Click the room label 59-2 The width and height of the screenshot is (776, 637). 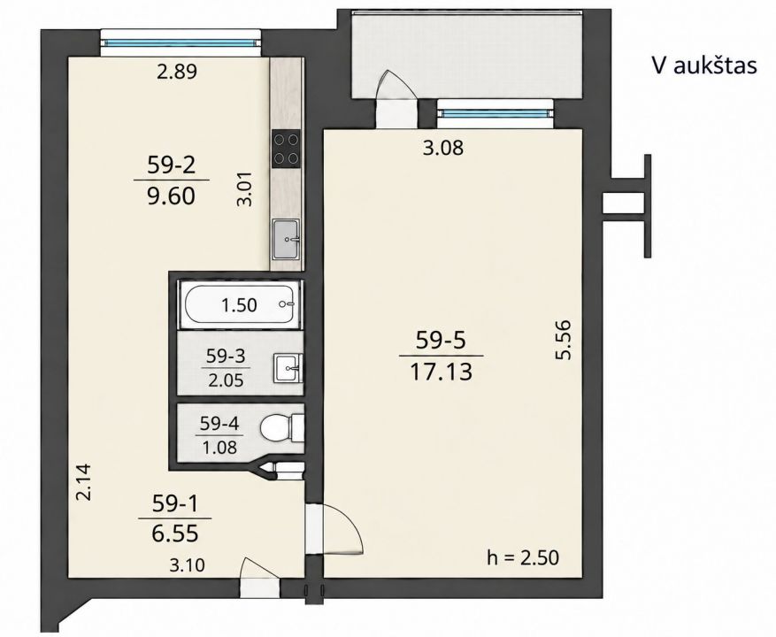[x=172, y=165]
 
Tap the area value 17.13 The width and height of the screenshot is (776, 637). [x=441, y=372]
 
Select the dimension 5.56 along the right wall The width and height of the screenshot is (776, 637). [x=564, y=340]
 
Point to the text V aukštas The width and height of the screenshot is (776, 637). [x=704, y=65]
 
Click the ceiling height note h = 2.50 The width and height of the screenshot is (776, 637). [x=523, y=557]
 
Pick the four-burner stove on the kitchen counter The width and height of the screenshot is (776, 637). [x=286, y=149]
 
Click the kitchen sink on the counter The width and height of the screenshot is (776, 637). [x=286, y=240]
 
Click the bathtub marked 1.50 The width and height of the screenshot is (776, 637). [x=240, y=305]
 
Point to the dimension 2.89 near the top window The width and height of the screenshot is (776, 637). [x=177, y=73]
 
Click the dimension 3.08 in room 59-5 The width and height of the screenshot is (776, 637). [x=443, y=148]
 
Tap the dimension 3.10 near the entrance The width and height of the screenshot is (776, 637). [x=187, y=564]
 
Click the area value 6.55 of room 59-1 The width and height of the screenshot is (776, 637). [x=175, y=533]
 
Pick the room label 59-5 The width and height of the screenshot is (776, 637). [x=441, y=341]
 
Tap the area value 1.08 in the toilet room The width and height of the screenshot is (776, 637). [x=219, y=448]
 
